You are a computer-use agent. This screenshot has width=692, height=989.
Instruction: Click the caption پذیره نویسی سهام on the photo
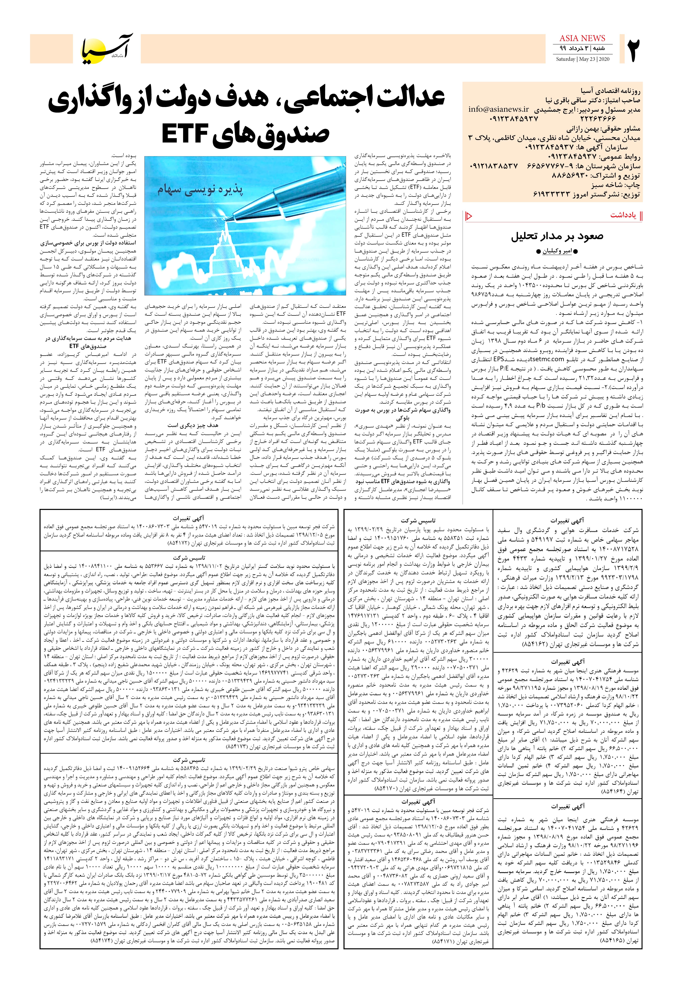(x=200, y=190)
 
